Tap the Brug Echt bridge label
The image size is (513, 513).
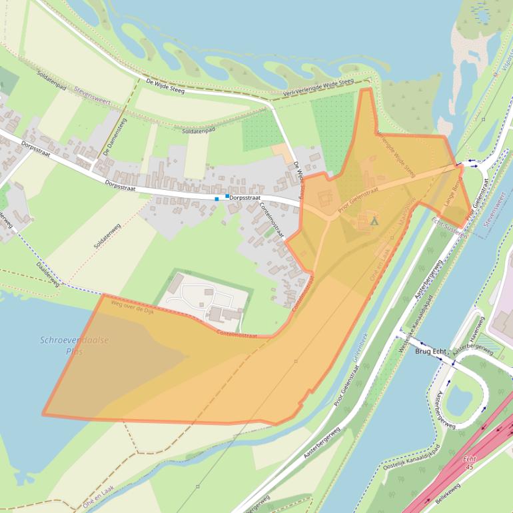pyautogui.click(x=430, y=351)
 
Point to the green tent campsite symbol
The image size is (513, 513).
pyautogui.click(x=374, y=221)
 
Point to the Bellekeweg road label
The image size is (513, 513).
pyautogui.click(x=448, y=494)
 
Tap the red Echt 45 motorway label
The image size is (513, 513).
pyautogui.click(x=470, y=463)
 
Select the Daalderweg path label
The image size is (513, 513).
pyautogui.click(x=47, y=274)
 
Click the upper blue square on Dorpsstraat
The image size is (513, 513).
pyautogui.click(x=227, y=196)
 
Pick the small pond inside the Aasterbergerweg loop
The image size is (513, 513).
pyautogui.click(x=458, y=399)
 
